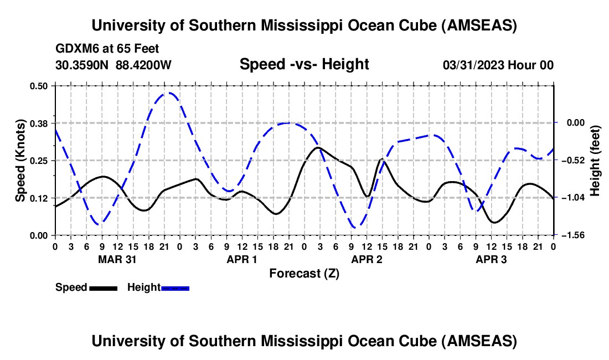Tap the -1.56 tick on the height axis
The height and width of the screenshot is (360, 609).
[571, 235]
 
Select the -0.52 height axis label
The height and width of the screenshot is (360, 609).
[571, 161]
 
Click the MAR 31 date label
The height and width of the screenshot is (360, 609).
[117, 259]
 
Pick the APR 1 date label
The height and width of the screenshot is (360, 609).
[242, 259]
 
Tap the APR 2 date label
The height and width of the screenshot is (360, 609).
[367, 259]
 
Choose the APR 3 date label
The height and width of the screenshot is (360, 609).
[491, 259]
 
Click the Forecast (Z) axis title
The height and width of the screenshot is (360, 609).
[304, 273]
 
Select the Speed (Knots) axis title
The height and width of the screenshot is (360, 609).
[20, 161]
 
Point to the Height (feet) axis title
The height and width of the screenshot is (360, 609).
[595, 161]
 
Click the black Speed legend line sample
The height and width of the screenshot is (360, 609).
[103, 288]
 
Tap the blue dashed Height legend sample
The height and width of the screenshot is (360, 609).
[175, 288]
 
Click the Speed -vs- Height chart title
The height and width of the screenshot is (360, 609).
[304, 64]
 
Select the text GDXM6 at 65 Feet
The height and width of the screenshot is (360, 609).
[107, 49]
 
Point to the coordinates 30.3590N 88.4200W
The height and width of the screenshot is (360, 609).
[113, 65]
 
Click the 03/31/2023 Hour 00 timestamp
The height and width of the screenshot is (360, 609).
[498, 65]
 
